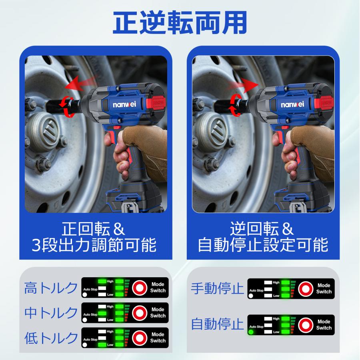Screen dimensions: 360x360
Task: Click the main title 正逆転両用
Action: pos(180,22)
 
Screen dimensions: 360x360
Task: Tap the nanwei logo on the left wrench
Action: pos(124,104)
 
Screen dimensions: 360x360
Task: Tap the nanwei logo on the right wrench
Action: pos(292,104)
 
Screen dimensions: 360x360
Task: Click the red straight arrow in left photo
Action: pos(81,83)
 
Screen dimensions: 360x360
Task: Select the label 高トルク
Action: pos(51,288)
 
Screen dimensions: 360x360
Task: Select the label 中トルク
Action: pos(51,313)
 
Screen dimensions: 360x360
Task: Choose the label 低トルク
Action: pos(51,338)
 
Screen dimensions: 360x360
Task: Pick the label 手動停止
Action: pos(217,288)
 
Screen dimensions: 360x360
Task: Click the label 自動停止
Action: pos(217,324)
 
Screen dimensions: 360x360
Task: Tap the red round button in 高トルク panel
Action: pos(140,288)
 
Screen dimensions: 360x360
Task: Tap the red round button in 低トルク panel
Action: pos(140,338)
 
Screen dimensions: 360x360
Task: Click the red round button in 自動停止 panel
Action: pos(306,325)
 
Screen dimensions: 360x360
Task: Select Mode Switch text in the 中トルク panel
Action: pos(158,312)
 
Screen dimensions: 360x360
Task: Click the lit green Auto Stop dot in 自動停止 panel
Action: pos(251,332)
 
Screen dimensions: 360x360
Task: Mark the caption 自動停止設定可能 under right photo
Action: pos(263,245)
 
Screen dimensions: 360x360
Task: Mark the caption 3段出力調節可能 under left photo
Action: pos(94,245)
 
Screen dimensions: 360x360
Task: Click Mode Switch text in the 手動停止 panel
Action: pos(324,288)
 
